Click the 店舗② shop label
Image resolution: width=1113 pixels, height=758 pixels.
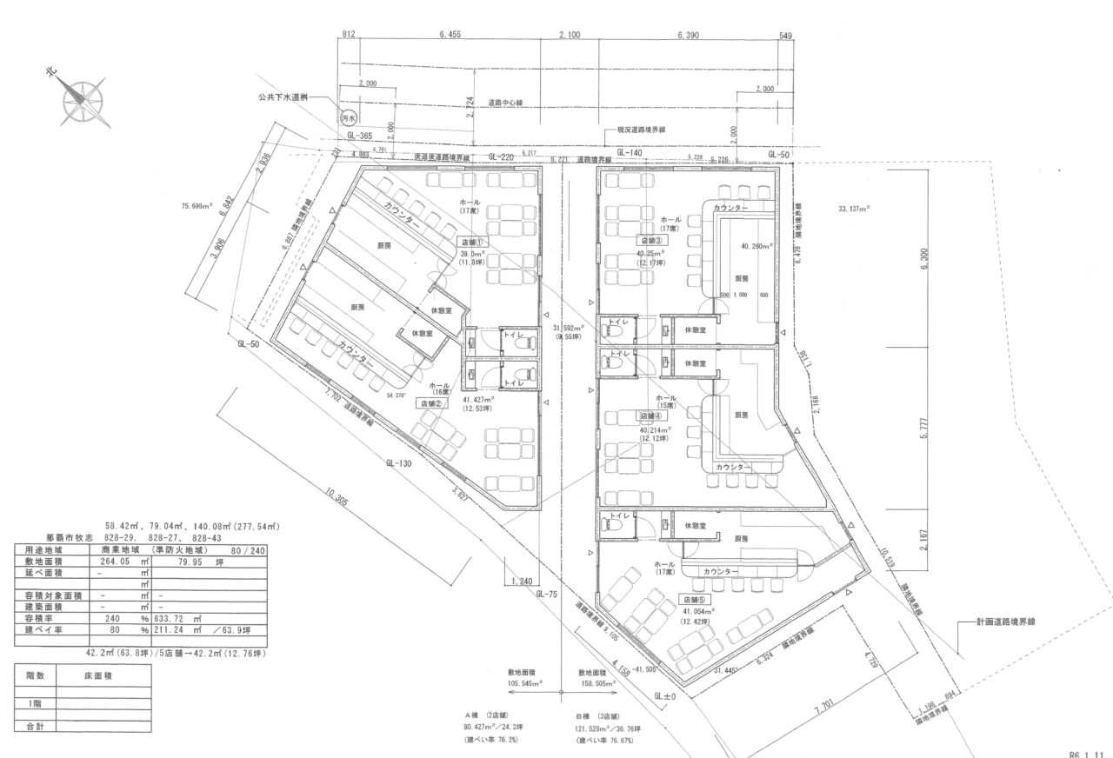click(432, 403)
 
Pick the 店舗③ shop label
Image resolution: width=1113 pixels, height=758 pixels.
click(652, 240)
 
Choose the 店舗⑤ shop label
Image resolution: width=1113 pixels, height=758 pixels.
click(696, 599)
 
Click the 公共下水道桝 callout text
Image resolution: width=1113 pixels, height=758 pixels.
click(282, 99)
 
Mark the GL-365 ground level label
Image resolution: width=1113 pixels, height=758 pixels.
click(359, 136)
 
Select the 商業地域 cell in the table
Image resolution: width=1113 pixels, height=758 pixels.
click(121, 550)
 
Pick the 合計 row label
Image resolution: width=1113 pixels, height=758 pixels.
click(36, 725)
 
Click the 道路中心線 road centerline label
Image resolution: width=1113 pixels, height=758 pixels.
click(504, 103)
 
